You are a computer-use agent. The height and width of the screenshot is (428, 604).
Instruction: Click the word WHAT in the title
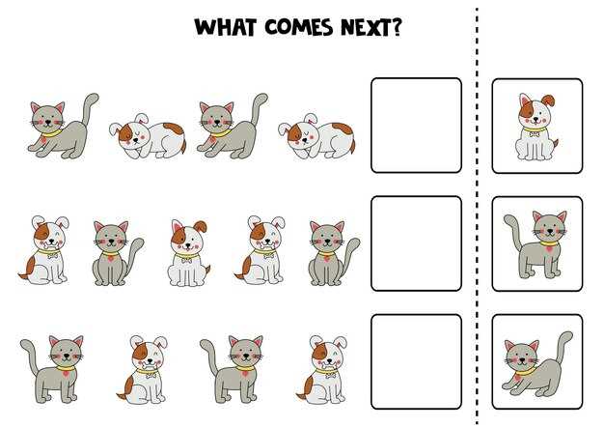pyautogui.click(x=226, y=27)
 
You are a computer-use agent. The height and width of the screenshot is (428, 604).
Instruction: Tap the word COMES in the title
pyautogui.click(x=299, y=27)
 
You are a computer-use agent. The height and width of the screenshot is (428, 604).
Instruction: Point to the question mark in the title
pyautogui.click(x=396, y=27)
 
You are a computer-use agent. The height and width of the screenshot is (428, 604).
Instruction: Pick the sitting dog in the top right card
pyautogui.click(x=537, y=127)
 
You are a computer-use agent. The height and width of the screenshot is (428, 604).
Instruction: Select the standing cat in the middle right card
pyautogui.click(x=535, y=244)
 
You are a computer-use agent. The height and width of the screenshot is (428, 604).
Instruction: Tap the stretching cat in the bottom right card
pyautogui.click(x=537, y=364)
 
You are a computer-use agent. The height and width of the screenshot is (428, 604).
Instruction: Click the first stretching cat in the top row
pyautogui.click(x=63, y=126)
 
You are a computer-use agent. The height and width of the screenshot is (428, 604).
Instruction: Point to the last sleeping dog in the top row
pyautogui.click(x=316, y=136)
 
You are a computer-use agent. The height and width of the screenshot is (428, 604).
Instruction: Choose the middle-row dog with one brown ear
pyautogui.click(x=189, y=253)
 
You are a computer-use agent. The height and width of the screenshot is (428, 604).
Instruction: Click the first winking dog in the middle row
pyautogui.click(x=44, y=250)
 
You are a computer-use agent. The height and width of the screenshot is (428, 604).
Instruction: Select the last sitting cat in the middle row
pyautogui.click(x=334, y=253)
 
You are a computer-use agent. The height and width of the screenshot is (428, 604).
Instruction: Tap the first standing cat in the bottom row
pyautogui.click(x=52, y=369)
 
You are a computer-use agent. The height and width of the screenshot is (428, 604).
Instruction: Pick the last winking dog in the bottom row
pyautogui.click(x=321, y=369)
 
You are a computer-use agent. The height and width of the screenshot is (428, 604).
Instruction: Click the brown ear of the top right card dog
pyautogui.click(x=548, y=100)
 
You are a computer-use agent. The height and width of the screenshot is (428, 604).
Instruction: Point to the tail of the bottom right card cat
pyautogui.click(x=563, y=348)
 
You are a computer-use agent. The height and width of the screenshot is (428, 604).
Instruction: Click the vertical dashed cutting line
pyautogui.click(x=477, y=215)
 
